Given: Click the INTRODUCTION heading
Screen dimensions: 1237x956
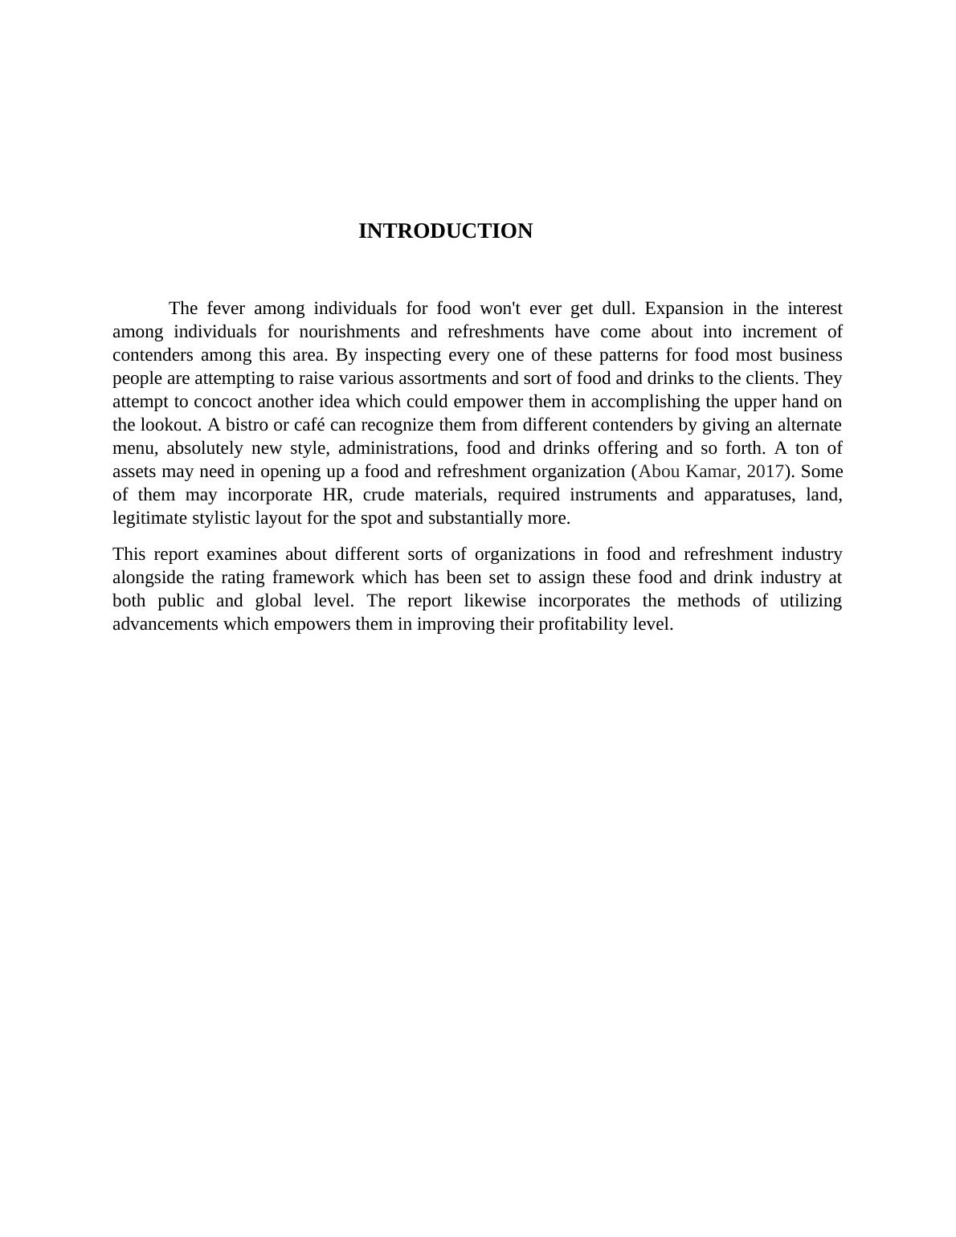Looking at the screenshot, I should [445, 231].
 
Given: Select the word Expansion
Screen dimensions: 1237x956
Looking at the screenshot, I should [684, 308].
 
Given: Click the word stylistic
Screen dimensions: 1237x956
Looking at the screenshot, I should [222, 518].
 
